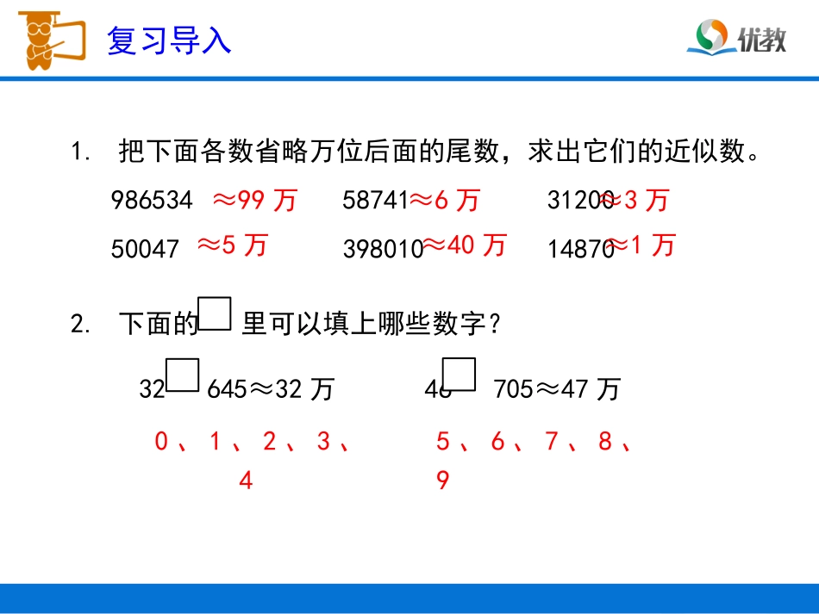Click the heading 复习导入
169,40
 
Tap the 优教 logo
736,38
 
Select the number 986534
152,202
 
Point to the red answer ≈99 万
254,202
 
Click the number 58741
375,202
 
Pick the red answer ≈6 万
445,202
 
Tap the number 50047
145,249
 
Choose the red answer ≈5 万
233,246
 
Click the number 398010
383,249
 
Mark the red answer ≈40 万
465,246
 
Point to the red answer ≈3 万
635,202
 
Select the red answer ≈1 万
641,247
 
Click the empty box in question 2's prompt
215,314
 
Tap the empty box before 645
183,375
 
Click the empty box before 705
460,375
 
